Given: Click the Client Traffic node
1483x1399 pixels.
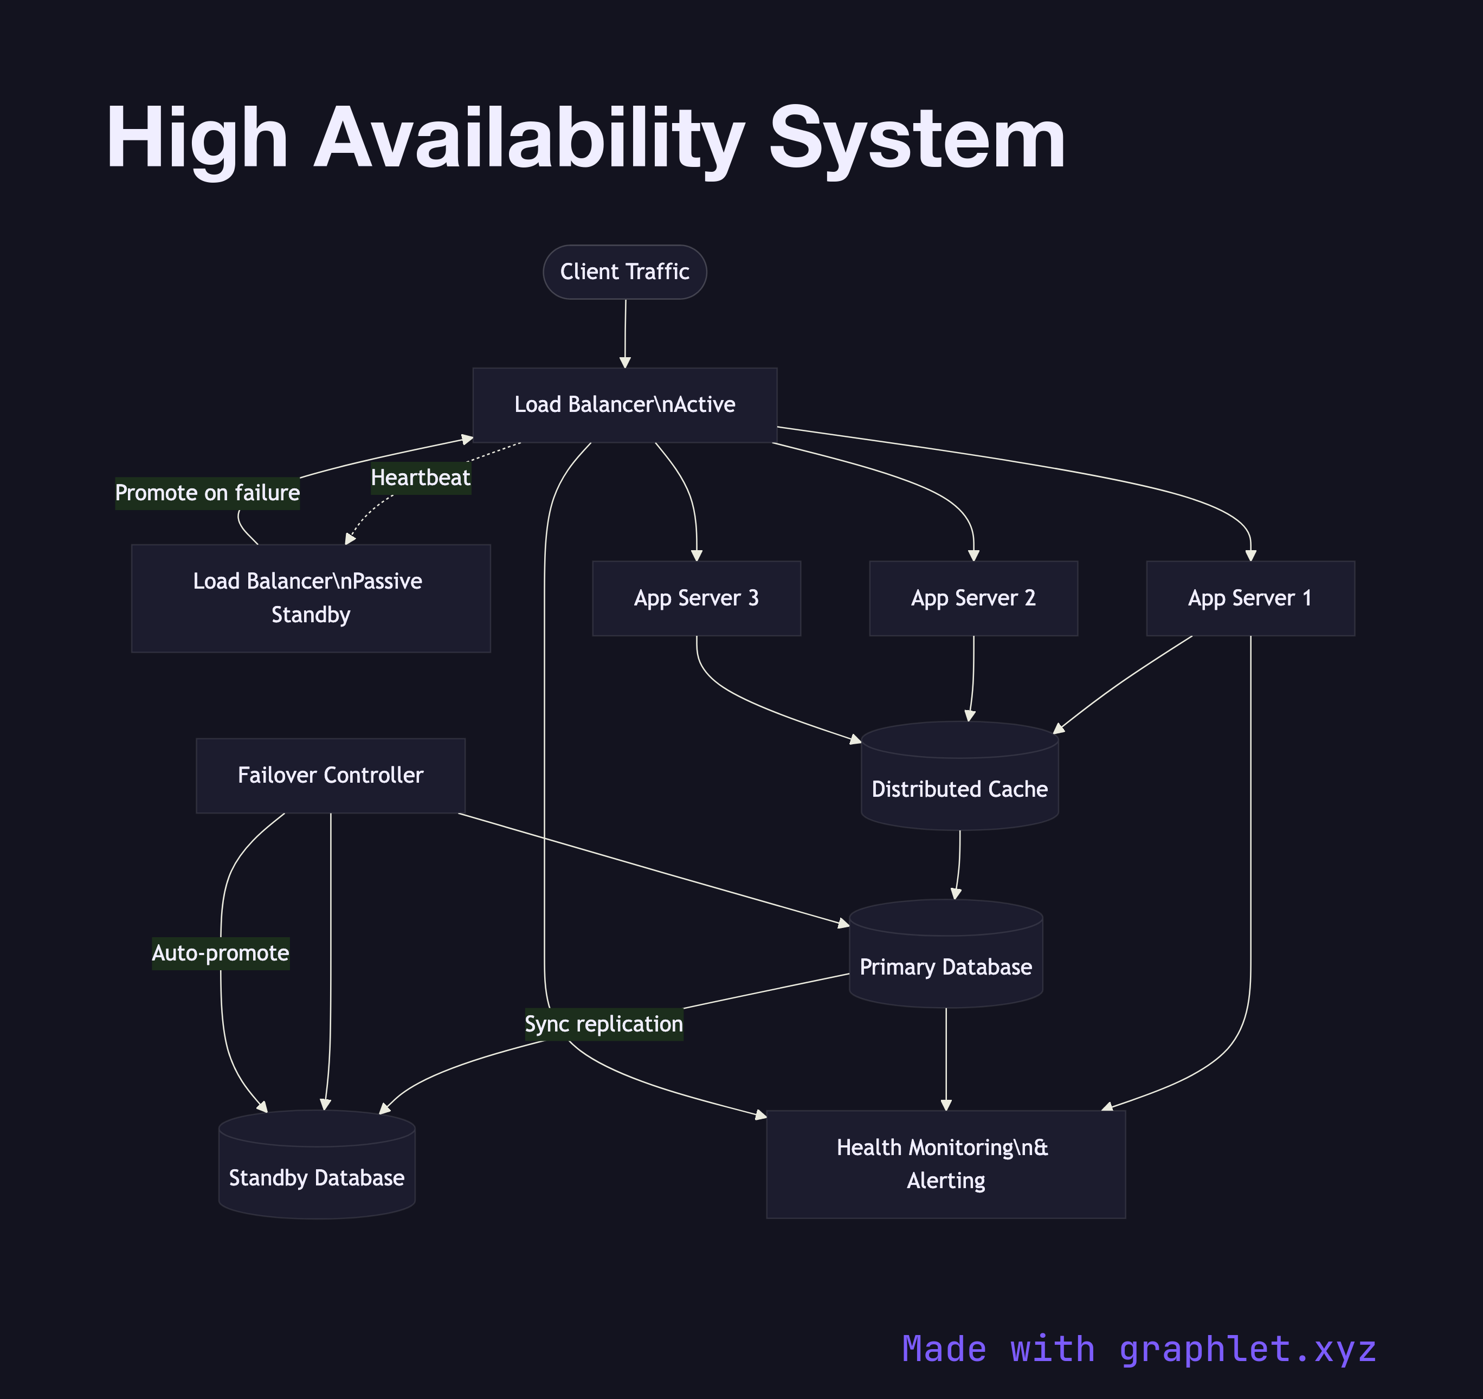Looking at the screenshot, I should (x=624, y=272).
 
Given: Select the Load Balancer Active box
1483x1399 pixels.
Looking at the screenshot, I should (x=624, y=404).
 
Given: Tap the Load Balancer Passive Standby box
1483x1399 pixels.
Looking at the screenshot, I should (x=311, y=598).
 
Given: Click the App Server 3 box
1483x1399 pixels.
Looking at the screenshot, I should (x=696, y=598).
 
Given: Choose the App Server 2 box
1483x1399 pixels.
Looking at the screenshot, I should (x=973, y=598).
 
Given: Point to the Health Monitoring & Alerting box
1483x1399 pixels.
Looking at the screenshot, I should (x=945, y=1163).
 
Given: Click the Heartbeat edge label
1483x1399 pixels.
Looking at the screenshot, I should (x=421, y=478).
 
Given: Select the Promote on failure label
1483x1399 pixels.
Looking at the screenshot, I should (x=208, y=493).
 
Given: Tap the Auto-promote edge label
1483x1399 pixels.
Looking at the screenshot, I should (x=220, y=953).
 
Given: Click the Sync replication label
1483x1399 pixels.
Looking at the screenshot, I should (x=603, y=1024).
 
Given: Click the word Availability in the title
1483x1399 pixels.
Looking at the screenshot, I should (x=528, y=139).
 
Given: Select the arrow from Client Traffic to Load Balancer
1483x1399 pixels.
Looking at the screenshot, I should (x=625, y=332).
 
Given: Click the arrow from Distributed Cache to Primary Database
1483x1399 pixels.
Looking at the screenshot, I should (x=958, y=866).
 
